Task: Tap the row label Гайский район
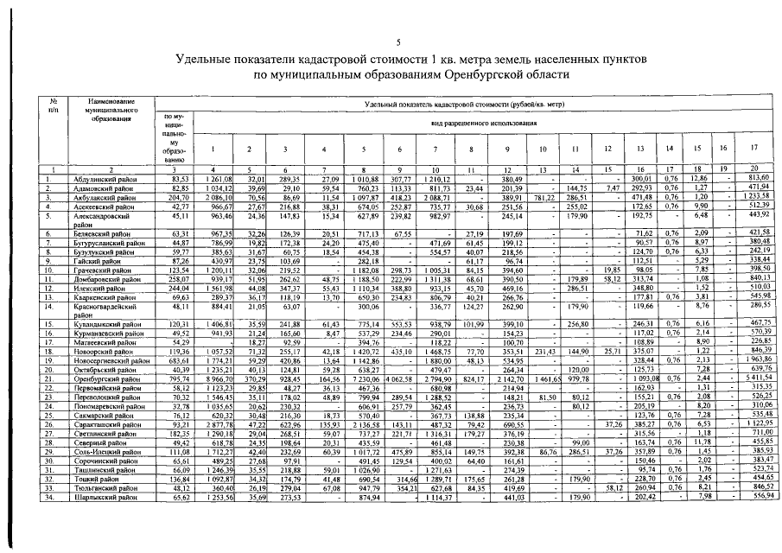(92, 260)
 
